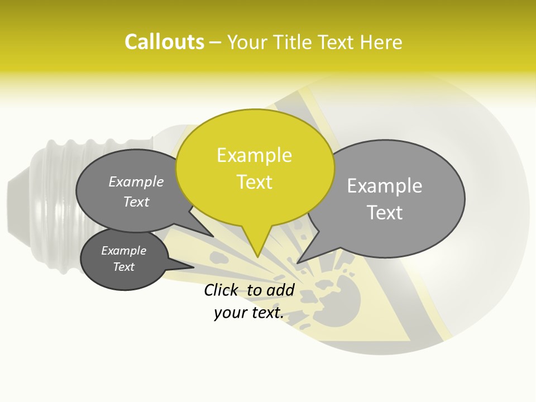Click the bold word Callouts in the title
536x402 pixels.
click(x=164, y=42)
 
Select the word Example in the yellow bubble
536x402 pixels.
click(x=254, y=155)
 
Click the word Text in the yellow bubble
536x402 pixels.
click(x=254, y=182)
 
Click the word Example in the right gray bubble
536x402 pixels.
click(x=384, y=186)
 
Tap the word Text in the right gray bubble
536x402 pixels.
click(x=384, y=213)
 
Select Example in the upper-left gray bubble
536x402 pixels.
click(x=136, y=182)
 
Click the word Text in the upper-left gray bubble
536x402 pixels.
click(x=136, y=202)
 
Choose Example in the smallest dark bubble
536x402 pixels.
click(x=123, y=251)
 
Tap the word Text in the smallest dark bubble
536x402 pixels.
click(x=123, y=267)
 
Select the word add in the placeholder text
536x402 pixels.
click(x=281, y=290)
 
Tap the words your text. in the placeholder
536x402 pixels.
click(x=248, y=313)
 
